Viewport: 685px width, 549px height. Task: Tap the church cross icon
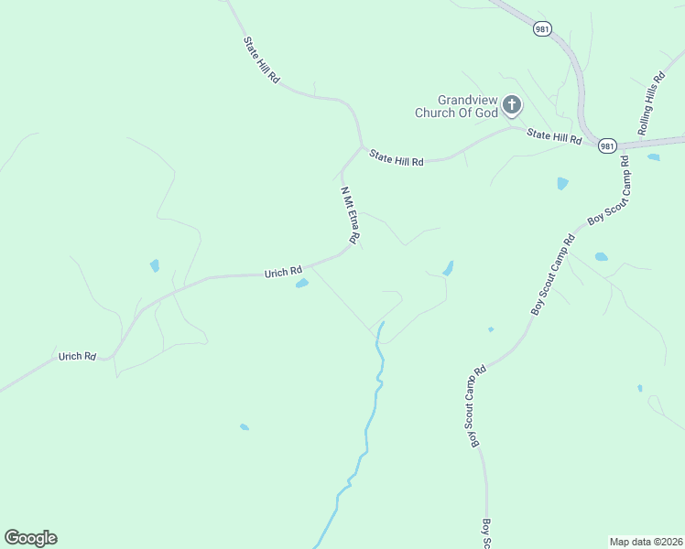click(511, 106)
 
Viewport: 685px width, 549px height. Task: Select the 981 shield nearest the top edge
click(542, 29)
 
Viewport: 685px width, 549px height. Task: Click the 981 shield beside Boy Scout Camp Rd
click(607, 145)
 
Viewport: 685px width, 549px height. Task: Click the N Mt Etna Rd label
click(348, 214)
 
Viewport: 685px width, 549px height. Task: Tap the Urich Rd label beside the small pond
click(283, 272)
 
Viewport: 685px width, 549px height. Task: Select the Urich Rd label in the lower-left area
click(77, 356)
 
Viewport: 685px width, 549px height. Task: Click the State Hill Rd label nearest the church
click(554, 137)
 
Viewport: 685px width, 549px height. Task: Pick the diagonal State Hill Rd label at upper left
click(261, 60)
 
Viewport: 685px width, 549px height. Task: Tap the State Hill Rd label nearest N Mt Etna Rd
click(397, 158)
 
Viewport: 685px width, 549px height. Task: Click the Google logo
click(30, 538)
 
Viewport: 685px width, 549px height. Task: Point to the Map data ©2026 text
click(646, 541)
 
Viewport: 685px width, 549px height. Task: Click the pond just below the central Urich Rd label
click(301, 284)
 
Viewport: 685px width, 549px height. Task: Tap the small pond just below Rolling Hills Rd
click(653, 157)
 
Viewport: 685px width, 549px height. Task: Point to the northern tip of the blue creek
click(382, 323)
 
